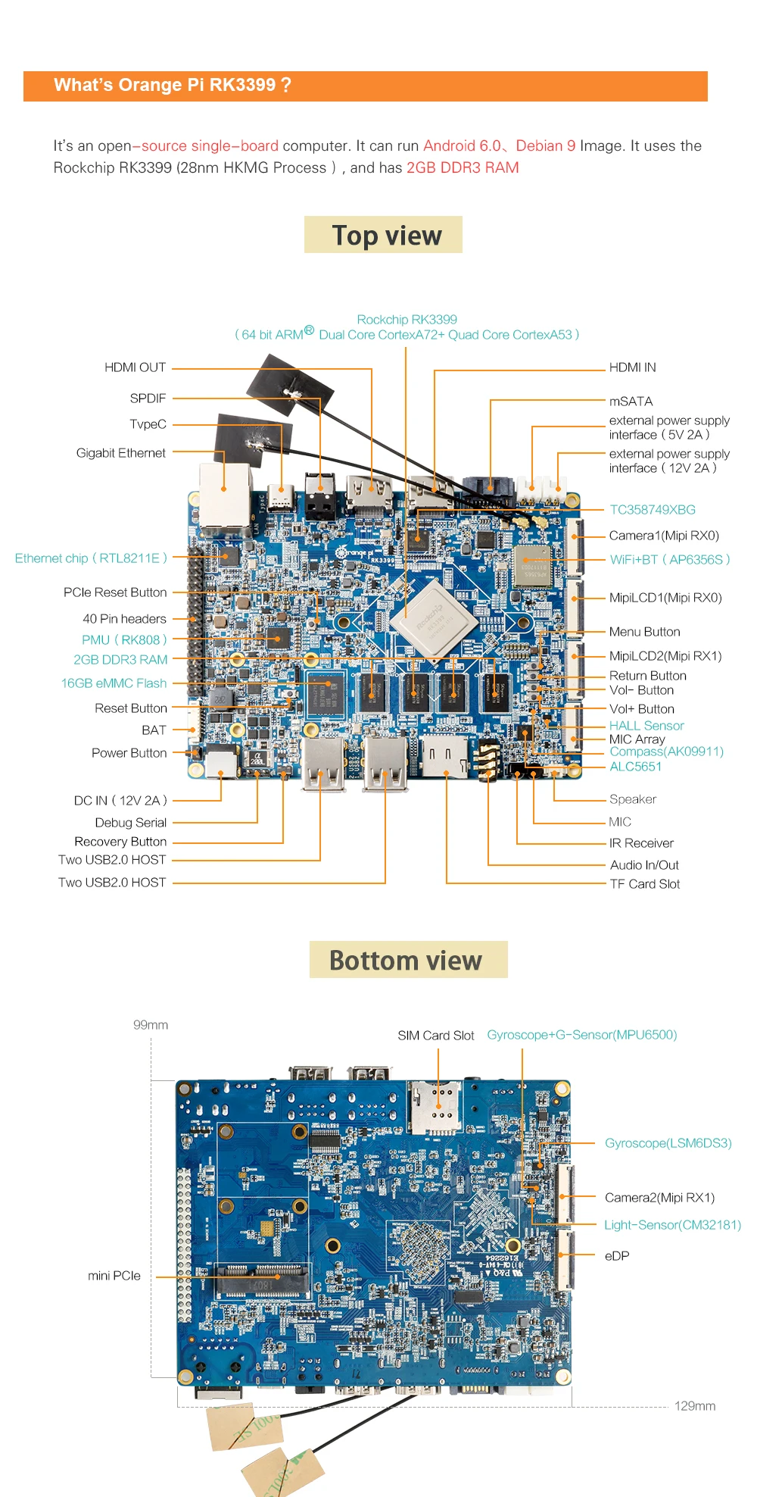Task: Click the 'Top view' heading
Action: pos(386,236)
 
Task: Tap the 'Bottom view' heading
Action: pos(406,961)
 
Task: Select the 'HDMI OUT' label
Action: pos(135,367)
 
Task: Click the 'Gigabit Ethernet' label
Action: pos(120,453)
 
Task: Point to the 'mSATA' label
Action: pos(631,402)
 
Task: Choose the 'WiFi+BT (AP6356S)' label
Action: pos(670,560)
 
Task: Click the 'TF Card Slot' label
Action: pos(645,884)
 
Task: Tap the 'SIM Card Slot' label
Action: pos(435,1036)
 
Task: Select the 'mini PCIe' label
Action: pos(114,1276)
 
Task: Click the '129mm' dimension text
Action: pos(694,1406)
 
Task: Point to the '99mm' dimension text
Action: pos(151,1025)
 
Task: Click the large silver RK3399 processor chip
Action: pos(433,616)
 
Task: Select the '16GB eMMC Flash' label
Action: pos(114,683)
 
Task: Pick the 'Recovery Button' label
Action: pos(120,842)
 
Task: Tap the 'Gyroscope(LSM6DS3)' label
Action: pos(668,1143)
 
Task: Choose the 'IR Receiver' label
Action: pos(641,843)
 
